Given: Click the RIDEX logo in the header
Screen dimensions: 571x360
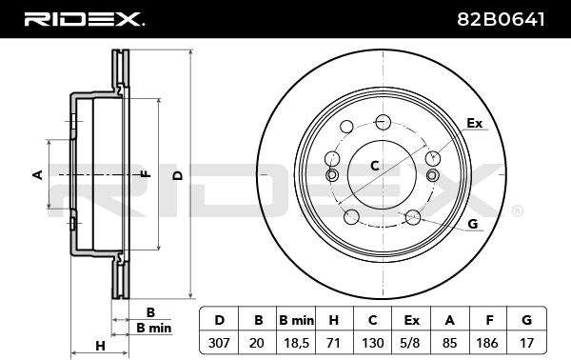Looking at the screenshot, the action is [x=84, y=19].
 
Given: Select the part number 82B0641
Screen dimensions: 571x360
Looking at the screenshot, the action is [x=501, y=19].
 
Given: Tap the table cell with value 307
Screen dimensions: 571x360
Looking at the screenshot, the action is [x=219, y=343].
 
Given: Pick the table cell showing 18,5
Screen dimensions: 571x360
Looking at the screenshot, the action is [x=296, y=343].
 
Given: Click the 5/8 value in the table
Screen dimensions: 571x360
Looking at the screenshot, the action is [x=411, y=343].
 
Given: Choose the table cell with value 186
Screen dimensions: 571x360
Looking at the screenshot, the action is [x=487, y=343].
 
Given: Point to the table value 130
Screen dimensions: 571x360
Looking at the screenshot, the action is [x=372, y=343].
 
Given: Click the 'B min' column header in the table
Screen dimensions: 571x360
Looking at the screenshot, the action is [x=296, y=320].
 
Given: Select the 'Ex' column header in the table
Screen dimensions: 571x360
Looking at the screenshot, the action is [x=411, y=320].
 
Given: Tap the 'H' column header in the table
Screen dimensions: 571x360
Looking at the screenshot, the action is [x=334, y=320].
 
